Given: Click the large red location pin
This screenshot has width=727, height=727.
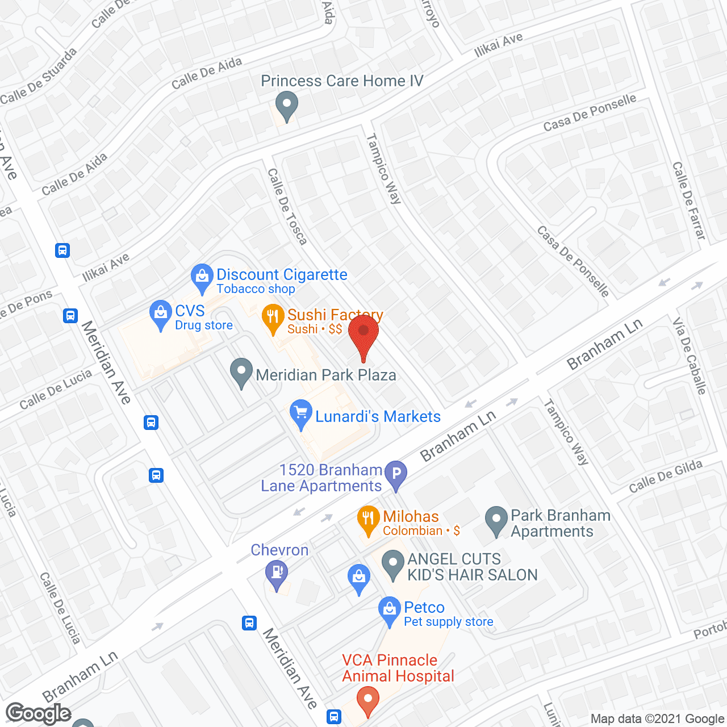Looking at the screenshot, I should (x=363, y=332).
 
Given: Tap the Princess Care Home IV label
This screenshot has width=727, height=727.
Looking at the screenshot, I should (x=342, y=81).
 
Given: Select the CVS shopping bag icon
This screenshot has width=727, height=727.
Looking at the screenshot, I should (x=161, y=314).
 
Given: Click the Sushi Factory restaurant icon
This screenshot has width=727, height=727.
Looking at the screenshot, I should (x=273, y=318).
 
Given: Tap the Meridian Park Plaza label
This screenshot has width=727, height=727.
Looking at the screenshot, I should (x=326, y=375).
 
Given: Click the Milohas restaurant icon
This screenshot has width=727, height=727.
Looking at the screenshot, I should (x=369, y=519).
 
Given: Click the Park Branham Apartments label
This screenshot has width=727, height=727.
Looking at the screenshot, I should (x=560, y=523).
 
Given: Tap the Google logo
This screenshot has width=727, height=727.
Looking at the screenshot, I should (x=39, y=713).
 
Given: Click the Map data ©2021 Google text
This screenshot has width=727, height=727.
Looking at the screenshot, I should (x=658, y=719).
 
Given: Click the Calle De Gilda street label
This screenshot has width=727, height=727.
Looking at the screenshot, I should (x=666, y=477).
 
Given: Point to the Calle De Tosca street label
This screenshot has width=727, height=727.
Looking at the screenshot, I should (x=287, y=206).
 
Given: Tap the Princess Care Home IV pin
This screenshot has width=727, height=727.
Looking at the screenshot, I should (x=286, y=106).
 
